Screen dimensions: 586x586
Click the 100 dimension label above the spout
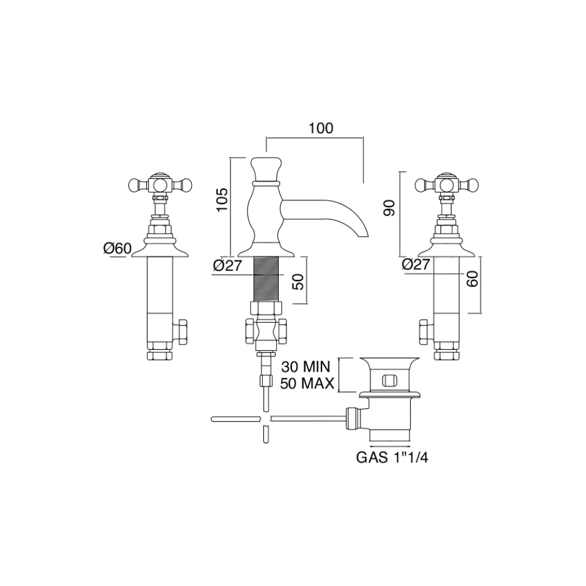320,128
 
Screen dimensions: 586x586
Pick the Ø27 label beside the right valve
416,265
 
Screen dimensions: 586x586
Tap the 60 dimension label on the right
472,279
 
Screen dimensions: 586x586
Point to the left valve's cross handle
159,183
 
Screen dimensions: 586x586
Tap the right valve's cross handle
446,183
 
